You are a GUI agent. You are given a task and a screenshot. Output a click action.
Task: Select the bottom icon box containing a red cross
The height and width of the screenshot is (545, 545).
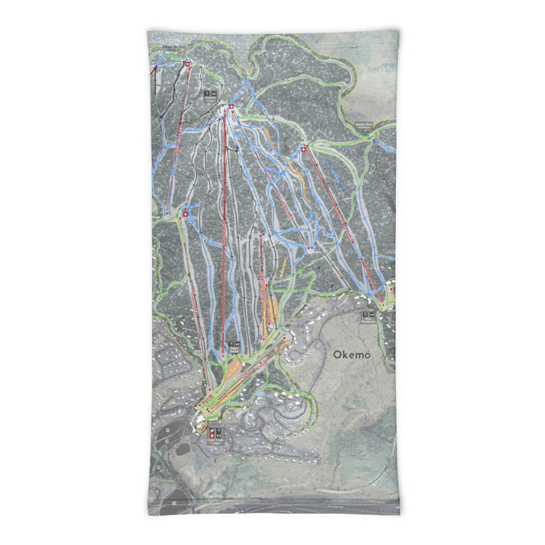(x=215, y=433)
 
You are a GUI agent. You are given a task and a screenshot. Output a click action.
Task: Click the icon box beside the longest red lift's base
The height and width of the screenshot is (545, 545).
(x=234, y=345)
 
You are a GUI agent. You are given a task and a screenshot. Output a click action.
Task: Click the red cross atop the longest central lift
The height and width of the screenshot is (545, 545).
(x=231, y=107)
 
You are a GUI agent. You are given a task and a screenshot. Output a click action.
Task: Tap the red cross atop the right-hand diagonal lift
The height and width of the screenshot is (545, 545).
(x=304, y=147)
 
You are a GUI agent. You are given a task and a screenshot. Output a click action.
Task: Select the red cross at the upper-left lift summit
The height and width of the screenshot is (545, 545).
(x=187, y=64)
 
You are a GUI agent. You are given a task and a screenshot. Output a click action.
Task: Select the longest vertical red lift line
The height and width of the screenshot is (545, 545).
(x=224, y=232)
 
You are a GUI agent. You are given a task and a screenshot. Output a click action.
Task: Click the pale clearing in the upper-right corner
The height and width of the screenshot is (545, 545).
(x=371, y=95)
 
